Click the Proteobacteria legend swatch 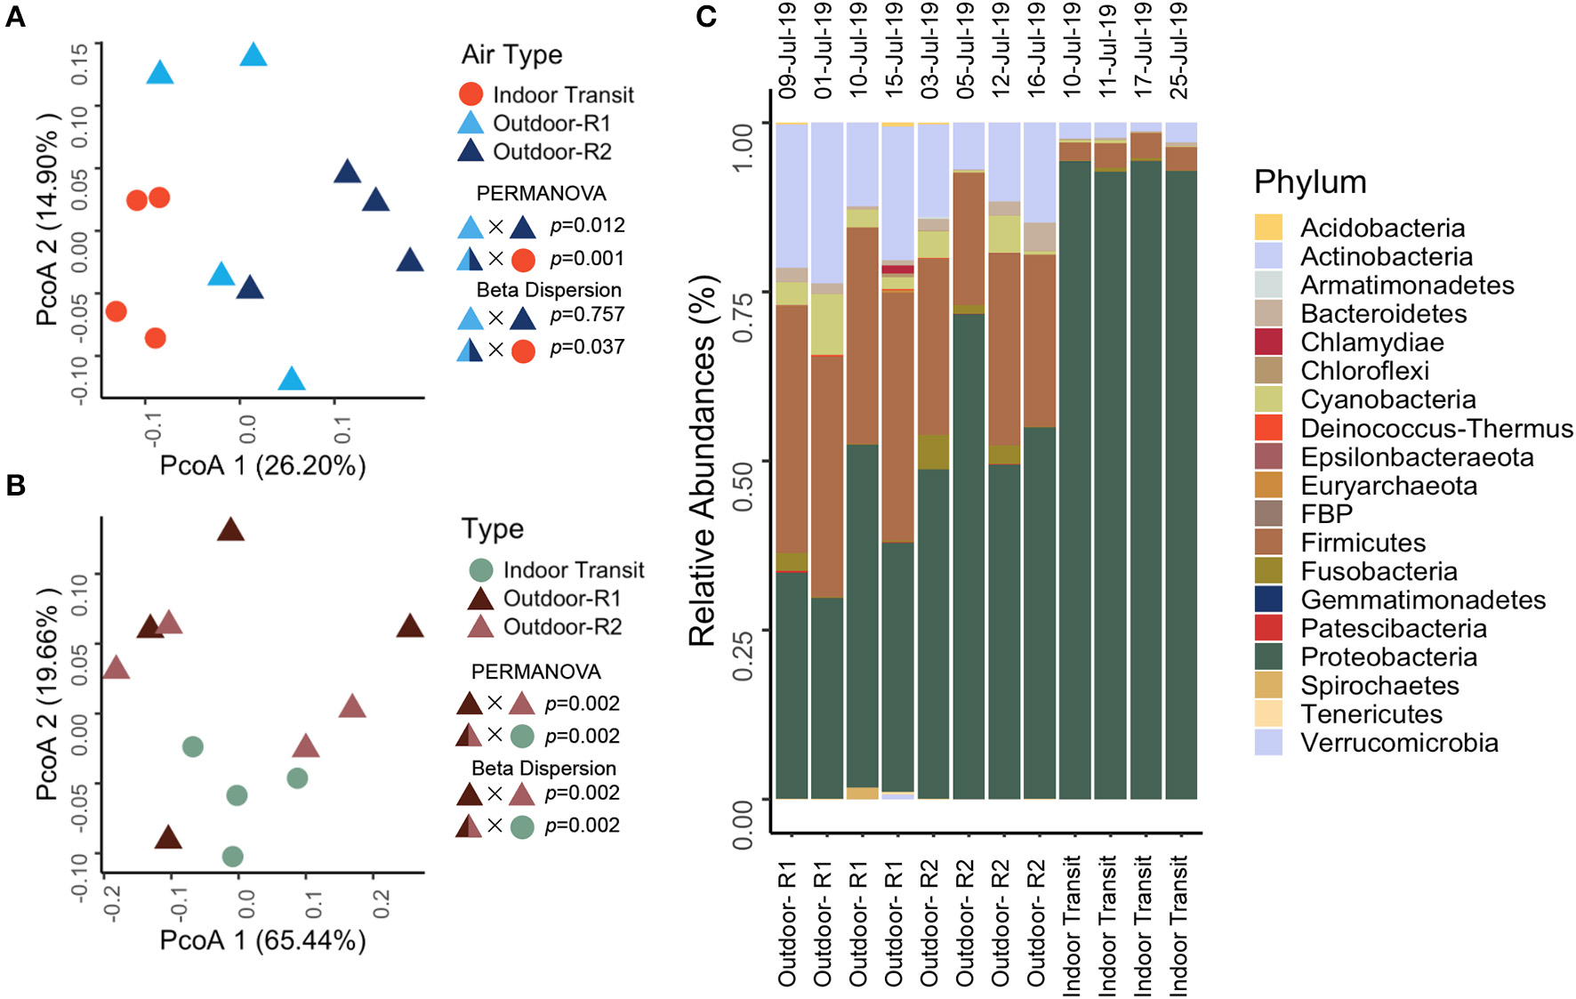pos(1268,657)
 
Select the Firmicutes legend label pos(1363,543)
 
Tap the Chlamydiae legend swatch pos(1268,342)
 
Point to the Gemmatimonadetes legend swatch pos(1268,600)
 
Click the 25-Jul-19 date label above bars pos(1178,50)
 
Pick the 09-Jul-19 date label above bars pos(787,50)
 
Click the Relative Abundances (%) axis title pos(703,461)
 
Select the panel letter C pos(706,16)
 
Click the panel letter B pos(15,485)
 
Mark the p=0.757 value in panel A pos(587,314)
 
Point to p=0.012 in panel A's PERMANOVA pos(587,225)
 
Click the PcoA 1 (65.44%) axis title pos(262,940)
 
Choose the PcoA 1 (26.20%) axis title pos(262,465)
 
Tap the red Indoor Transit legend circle pos(470,94)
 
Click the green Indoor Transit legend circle pos(481,569)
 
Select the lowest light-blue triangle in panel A pos(292,380)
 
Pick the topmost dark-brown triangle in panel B pos(230,530)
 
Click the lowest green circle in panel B pos(233,857)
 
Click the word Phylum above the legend pos(1309,181)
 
